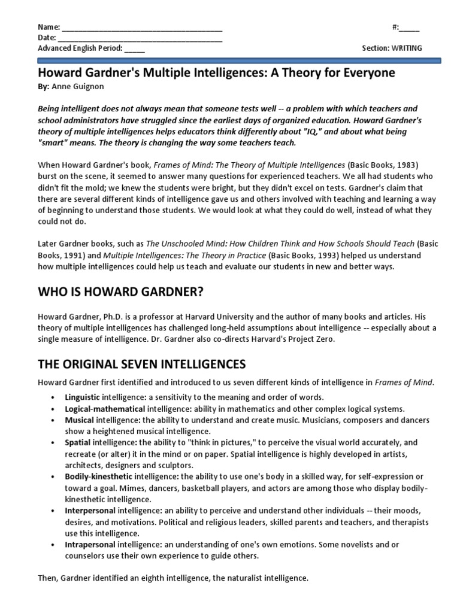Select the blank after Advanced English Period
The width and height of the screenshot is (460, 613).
point(135,48)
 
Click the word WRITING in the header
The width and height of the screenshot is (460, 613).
point(407,48)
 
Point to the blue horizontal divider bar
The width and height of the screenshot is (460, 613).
point(240,60)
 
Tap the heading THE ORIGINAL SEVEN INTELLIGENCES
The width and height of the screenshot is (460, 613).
point(143,364)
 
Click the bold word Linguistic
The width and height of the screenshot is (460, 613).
point(83,397)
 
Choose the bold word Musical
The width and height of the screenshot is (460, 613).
point(79,420)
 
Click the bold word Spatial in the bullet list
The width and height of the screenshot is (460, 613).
point(78,442)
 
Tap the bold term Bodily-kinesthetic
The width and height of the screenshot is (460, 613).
point(99,477)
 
